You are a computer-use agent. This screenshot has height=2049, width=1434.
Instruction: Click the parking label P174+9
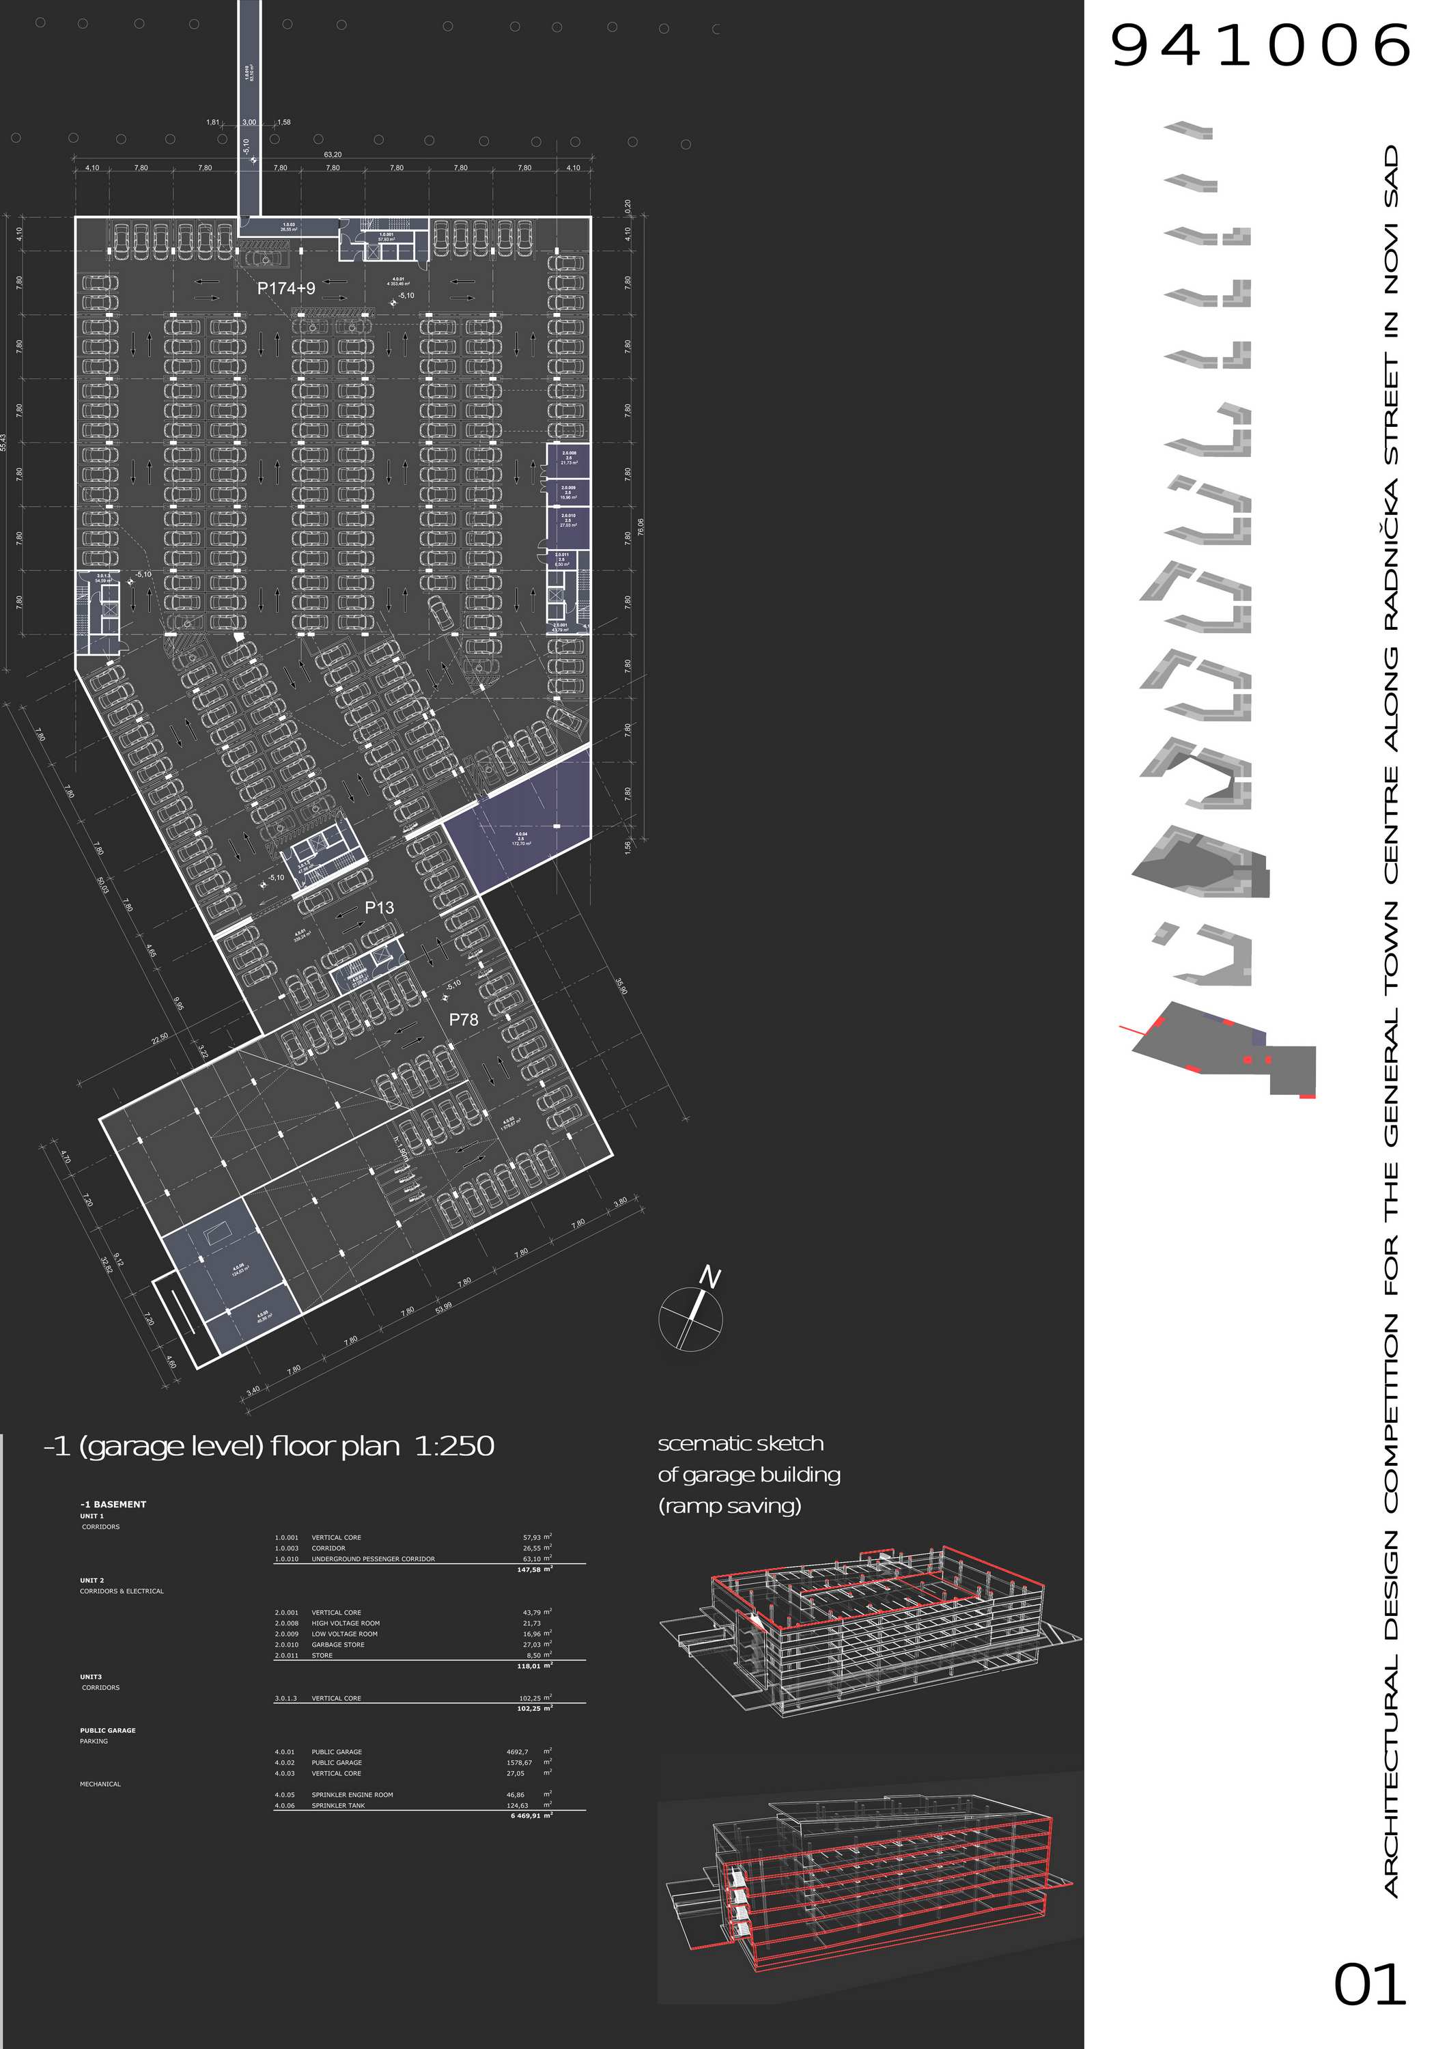click(x=285, y=288)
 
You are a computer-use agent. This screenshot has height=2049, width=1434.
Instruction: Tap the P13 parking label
click(x=379, y=908)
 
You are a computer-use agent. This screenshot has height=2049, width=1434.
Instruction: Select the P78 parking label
click(x=463, y=1019)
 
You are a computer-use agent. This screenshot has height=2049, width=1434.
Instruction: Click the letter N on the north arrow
click(x=709, y=1277)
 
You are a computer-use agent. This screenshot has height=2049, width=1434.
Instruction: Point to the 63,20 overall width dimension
click(x=332, y=154)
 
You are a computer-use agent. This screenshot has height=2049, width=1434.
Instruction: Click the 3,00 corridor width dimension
click(x=250, y=122)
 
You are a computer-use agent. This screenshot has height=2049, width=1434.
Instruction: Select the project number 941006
click(x=1259, y=46)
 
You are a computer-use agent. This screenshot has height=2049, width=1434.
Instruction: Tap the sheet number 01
click(x=1369, y=1985)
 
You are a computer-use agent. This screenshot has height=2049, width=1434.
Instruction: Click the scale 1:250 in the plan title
click(x=454, y=1446)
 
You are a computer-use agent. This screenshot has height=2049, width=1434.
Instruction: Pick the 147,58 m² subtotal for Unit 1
click(x=535, y=1570)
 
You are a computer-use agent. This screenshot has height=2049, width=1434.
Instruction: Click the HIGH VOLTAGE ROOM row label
click(x=346, y=1623)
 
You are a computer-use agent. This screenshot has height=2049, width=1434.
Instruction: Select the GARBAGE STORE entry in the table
click(x=337, y=1645)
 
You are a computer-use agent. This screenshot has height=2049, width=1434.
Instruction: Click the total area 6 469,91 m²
click(x=531, y=1816)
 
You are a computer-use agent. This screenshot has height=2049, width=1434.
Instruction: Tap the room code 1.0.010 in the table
click(x=286, y=1559)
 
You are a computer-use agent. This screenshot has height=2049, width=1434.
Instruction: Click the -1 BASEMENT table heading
click(x=113, y=1505)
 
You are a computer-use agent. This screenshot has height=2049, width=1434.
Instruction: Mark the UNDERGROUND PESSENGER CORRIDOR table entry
click(x=373, y=1559)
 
